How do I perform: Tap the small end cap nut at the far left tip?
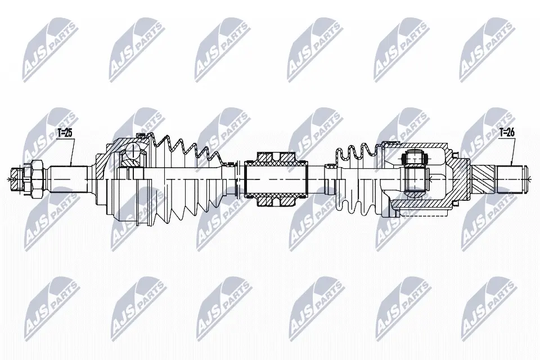click(16, 179)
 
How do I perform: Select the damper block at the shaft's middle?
click(275, 179)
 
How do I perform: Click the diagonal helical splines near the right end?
click(483, 179)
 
